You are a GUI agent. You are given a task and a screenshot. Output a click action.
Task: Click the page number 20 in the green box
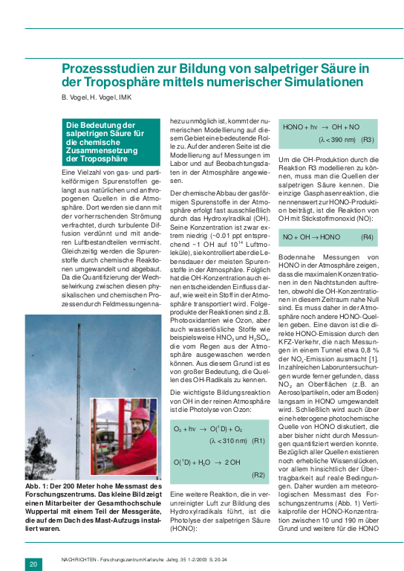click(33, 564)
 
